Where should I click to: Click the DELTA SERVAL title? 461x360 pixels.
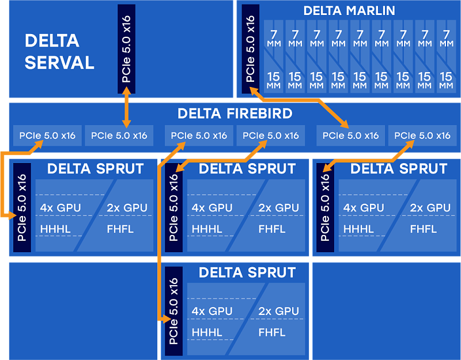(x=59, y=51)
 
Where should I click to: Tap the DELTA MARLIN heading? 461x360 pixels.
(x=349, y=10)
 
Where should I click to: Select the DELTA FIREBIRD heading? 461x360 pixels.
(x=235, y=113)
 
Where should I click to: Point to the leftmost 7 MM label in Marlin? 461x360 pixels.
(x=274, y=39)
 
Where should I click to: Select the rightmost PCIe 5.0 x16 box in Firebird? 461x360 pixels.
(x=422, y=136)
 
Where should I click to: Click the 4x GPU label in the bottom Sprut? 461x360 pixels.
(x=212, y=311)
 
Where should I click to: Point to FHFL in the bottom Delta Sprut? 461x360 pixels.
(x=272, y=332)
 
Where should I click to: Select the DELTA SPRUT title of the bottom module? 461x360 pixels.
(x=247, y=272)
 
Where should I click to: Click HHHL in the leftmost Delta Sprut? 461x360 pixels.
(x=55, y=229)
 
